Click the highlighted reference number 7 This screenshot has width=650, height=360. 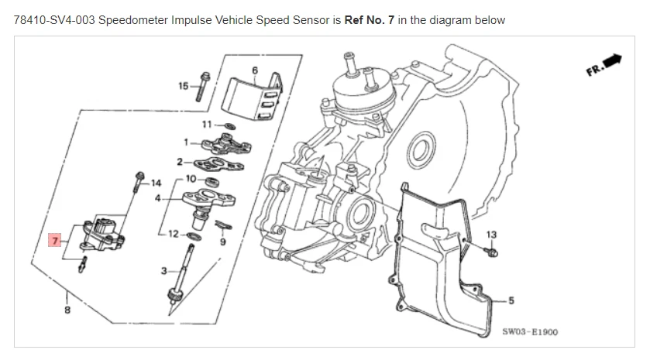point(54,241)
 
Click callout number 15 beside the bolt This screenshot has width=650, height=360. point(183,85)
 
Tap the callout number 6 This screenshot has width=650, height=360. point(254,70)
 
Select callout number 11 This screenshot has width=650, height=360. point(207,124)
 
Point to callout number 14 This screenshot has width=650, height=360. point(156,183)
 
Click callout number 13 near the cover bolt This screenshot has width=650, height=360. point(491,234)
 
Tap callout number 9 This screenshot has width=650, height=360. point(222,242)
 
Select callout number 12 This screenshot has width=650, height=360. point(172,233)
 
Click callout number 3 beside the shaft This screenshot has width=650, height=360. point(163,270)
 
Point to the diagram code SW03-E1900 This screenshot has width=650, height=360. point(529,332)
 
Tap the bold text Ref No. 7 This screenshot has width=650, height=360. point(370,19)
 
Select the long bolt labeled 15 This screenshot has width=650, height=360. point(201,86)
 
